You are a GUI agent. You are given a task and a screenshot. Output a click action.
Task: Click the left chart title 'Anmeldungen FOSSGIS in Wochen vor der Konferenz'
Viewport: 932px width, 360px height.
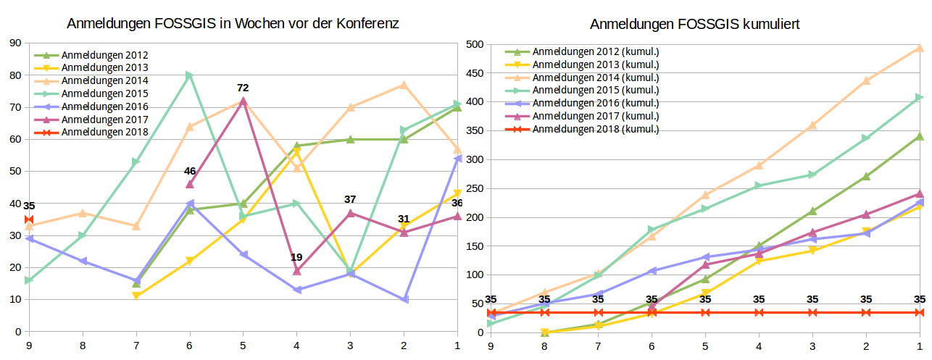click(x=233, y=23)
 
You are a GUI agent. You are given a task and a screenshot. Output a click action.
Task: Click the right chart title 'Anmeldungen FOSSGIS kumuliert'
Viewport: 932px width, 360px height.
click(x=694, y=24)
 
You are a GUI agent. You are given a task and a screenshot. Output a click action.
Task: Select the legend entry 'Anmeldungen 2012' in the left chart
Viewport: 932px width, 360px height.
click(x=104, y=55)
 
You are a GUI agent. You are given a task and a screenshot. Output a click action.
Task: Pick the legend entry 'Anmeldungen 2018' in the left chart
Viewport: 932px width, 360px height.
click(x=104, y=132)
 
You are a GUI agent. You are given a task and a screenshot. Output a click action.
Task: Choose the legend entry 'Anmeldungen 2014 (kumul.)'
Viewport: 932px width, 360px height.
click(x=595, y=78)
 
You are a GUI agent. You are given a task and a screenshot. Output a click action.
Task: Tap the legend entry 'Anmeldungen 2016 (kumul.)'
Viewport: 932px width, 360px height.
click(x=595, y=104)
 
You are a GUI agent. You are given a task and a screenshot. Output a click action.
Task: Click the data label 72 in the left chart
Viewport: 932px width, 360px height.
click(x=243, y=88)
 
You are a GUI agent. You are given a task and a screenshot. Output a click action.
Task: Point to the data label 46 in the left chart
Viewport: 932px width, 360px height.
click(x=190, y=171)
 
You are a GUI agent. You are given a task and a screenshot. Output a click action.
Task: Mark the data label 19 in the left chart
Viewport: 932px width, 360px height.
click(x=296, y=257)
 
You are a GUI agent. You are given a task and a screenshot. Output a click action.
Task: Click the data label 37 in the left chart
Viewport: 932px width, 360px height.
click(x=350, y=199)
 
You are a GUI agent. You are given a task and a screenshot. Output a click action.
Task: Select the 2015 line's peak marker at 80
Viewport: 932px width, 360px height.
click(x=189, y=75)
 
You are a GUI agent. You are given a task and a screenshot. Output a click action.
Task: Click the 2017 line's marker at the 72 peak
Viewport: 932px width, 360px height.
click(x=243, y=101)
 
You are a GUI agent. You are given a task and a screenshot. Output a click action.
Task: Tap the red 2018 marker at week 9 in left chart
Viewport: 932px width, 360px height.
click(x=29, y=219)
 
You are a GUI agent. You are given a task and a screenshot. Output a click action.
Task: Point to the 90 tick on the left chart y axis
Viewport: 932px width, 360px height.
click(x=14, y=43)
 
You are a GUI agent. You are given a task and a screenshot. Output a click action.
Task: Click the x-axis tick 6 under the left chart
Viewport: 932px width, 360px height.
click(x=189, y=346)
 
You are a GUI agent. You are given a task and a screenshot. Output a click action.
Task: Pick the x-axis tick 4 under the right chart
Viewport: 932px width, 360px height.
click(x=759, y=346)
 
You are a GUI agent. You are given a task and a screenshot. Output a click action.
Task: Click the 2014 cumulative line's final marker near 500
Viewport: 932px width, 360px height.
click(x=920, y=48)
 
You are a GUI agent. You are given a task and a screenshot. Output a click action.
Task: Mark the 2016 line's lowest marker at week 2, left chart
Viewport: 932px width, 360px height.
click(x=404, y=299)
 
